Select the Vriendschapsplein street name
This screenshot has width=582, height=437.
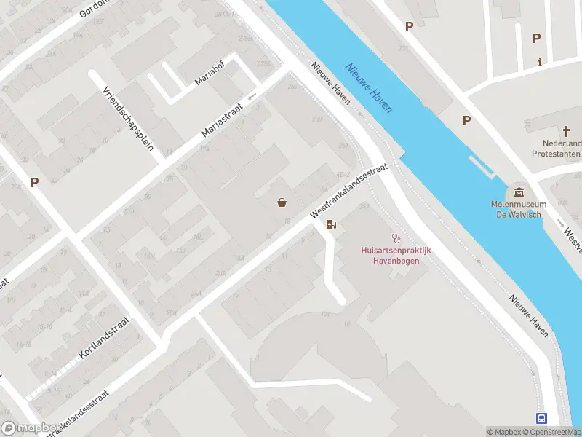[x=128, y=118]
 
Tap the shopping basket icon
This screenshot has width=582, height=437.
[x=282, y=202]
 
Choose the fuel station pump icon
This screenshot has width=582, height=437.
[x=331, y=224]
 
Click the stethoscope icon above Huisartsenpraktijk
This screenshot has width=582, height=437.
[x=396, y=237]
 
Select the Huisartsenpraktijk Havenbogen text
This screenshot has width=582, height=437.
[x=396, y=255]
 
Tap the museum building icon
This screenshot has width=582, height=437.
[x=519, y=192]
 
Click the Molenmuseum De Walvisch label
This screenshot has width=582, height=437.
[x=518, y=209]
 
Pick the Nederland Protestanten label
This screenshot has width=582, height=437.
[x=557, y=149]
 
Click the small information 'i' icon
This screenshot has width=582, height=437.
[x=539, y=62]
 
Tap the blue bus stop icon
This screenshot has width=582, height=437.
[x=542, y=418]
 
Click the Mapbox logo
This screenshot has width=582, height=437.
[x=31, y=428]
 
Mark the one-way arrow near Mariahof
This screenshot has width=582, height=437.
[x=252, y=95]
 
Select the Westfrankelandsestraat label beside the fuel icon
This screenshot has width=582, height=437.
[x=348, y=189]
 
